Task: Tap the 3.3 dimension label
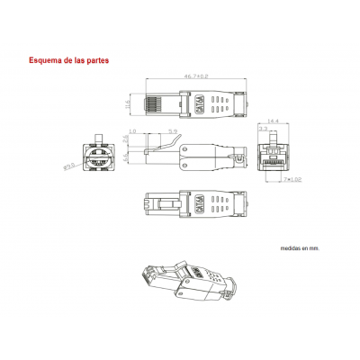tap(262, 130)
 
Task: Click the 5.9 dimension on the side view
tap(171, 132)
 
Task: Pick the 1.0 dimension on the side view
tap(132, 132)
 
